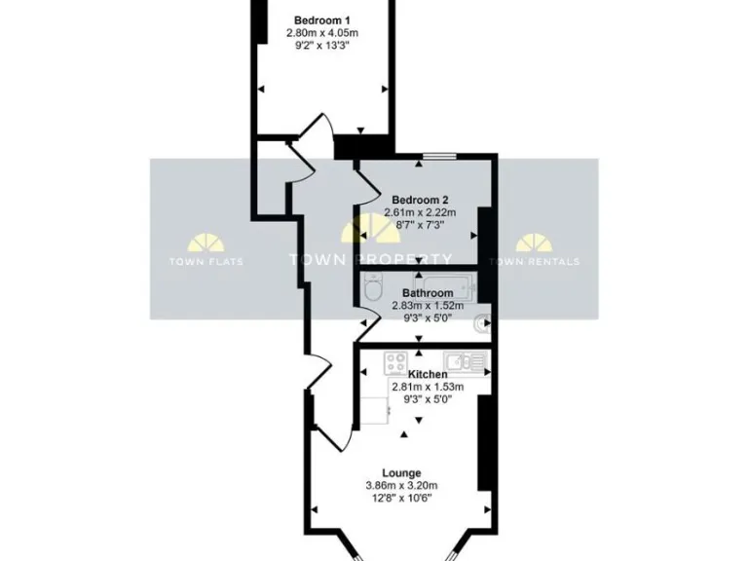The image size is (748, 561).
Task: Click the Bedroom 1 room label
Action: (x=322, y=20)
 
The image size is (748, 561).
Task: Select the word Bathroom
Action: (x=428, y=292)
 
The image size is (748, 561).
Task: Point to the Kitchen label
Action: (x=428, y=374)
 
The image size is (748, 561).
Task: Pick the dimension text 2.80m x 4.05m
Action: (x=322, y=32)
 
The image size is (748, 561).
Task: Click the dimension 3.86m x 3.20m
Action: (x=401, y=485)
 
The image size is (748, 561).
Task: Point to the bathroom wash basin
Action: (x=480, y=324)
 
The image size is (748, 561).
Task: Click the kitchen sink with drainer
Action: (x=466, y=361)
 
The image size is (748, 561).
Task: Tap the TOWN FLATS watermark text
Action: (x=206, y=261)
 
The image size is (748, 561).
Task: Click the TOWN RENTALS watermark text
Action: (x=534, y=261)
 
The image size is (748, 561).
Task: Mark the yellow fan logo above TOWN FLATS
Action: (x=206, y=242)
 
